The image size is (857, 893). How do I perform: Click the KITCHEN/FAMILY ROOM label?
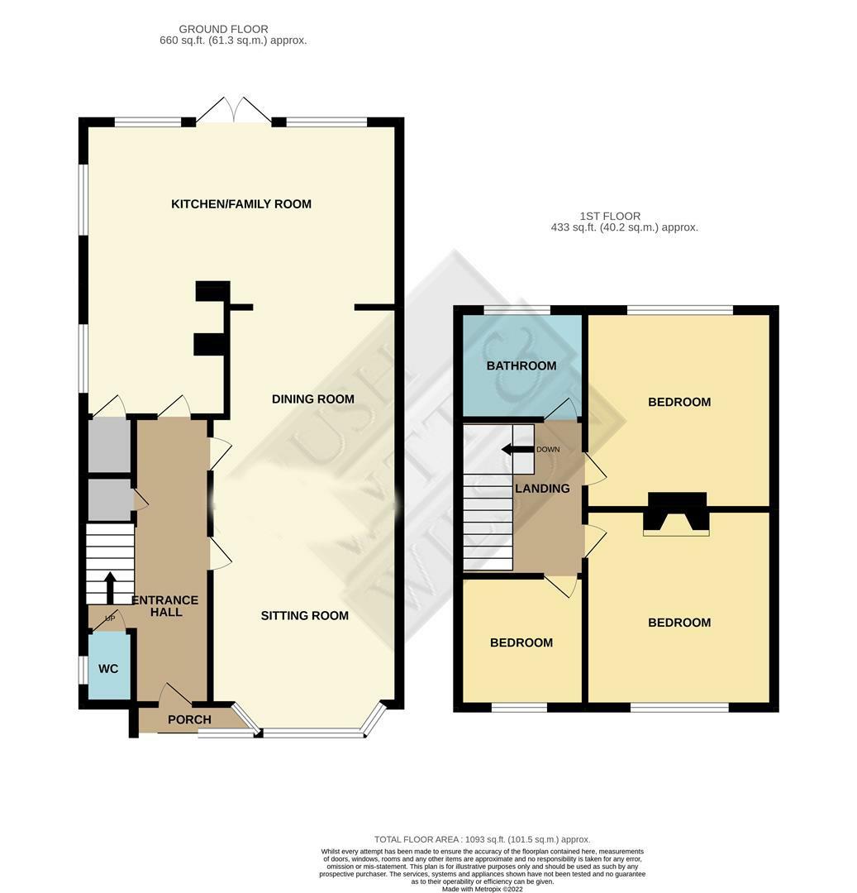click(240, 204)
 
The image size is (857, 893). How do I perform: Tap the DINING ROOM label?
click(312, 399)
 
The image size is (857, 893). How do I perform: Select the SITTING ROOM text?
click(304, 616)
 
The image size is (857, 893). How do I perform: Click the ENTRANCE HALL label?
click(165, 606)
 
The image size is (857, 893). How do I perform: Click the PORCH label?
click(189, 719)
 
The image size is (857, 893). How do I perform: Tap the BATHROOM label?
click(521, 366)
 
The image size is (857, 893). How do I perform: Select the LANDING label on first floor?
click(542, 489)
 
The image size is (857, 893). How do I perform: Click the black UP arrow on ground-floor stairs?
click(109, 587)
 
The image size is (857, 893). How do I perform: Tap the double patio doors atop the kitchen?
click(235, 111)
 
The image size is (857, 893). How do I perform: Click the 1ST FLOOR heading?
click(610, 217)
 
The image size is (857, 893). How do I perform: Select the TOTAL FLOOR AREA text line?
click(482, 839)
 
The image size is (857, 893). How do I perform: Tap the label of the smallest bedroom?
click(521, 643)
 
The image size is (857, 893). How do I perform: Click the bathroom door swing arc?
click(565, 408)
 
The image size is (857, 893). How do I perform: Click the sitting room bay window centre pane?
click(312, 732)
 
